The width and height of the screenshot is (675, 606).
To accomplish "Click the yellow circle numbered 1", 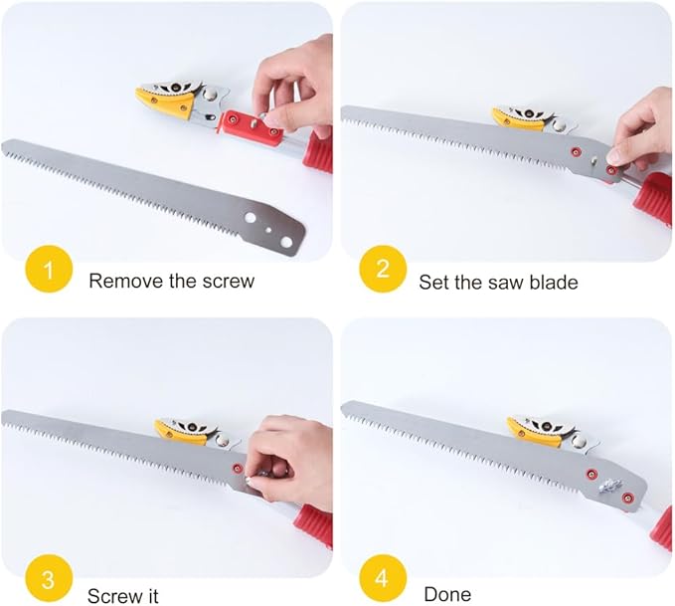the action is click(x=49, y=269).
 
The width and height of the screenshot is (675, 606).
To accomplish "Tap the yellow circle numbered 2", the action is click(x=383, y=269).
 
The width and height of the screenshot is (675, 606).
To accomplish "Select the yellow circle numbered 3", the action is click(x=49, y=578).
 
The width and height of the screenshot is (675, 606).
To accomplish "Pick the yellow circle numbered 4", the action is click(x=383, y=578).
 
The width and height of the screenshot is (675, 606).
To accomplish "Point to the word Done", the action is click(x=447, y=594).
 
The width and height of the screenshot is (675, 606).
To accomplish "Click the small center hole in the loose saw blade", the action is click(x=268, y=230).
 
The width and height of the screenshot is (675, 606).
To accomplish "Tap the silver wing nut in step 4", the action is click(x=608, y=487).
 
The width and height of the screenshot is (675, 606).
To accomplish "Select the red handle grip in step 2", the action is click(x=654, y=196).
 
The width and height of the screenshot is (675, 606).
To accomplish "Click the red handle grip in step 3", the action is click(x=313, y=523).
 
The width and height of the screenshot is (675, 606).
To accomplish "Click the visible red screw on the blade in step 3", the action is click(x=237, y=468).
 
